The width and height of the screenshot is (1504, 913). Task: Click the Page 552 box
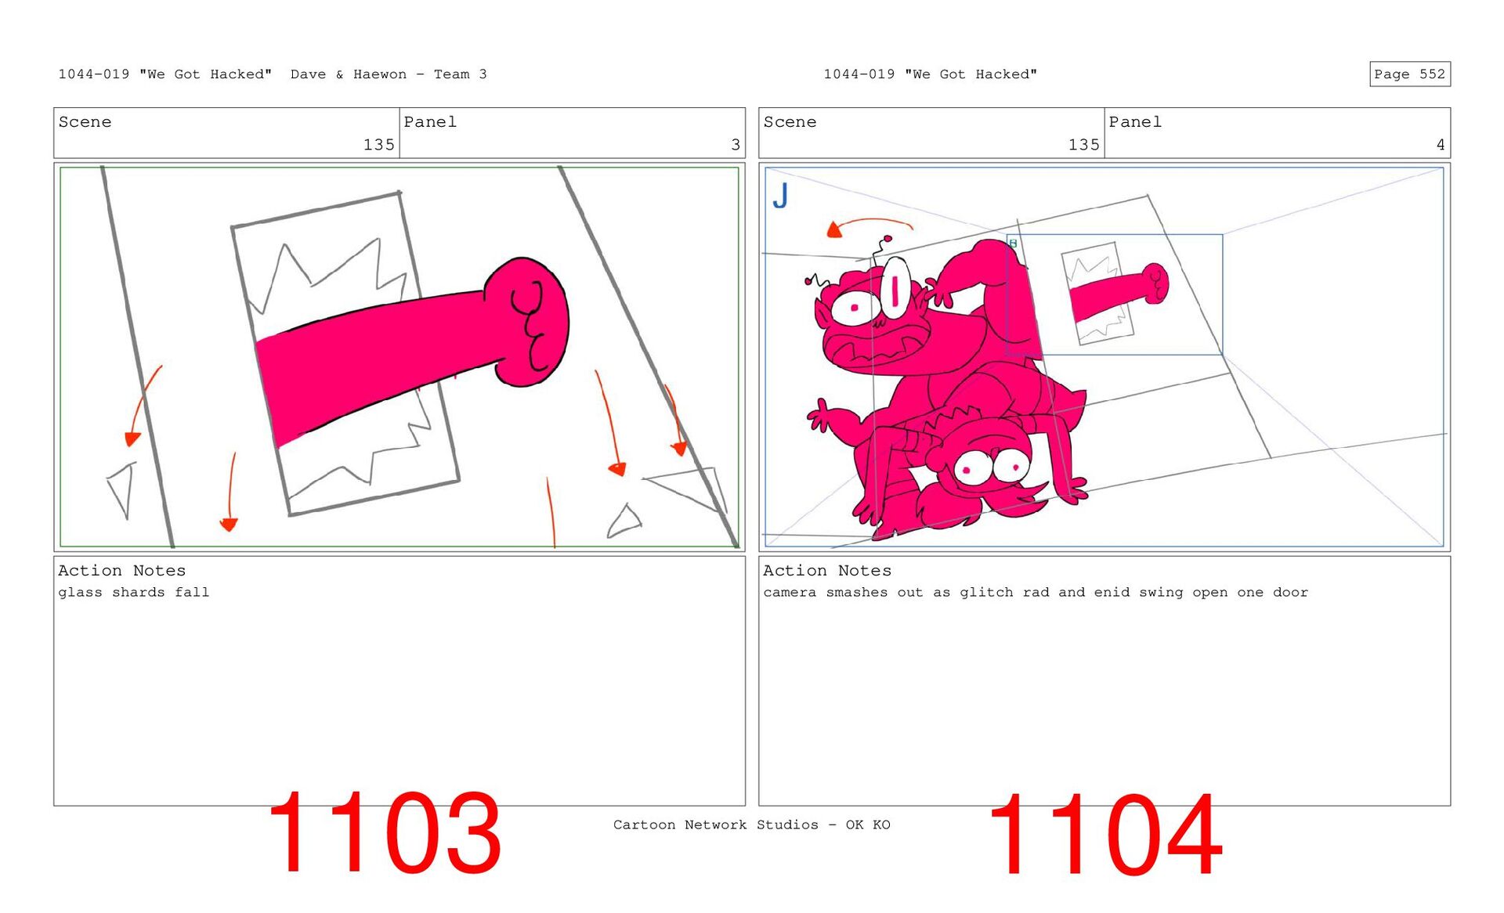pos(1409,74)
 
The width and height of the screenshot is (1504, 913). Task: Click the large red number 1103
pos(384,832)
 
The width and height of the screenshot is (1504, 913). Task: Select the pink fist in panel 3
pos(526,321)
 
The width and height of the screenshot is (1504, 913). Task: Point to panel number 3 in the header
pos(736,145)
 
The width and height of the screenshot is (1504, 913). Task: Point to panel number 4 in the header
pos(1441,145)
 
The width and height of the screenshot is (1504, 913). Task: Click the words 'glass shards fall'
pos(134,593)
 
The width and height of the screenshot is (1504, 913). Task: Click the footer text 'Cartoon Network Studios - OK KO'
pos(752,825)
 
